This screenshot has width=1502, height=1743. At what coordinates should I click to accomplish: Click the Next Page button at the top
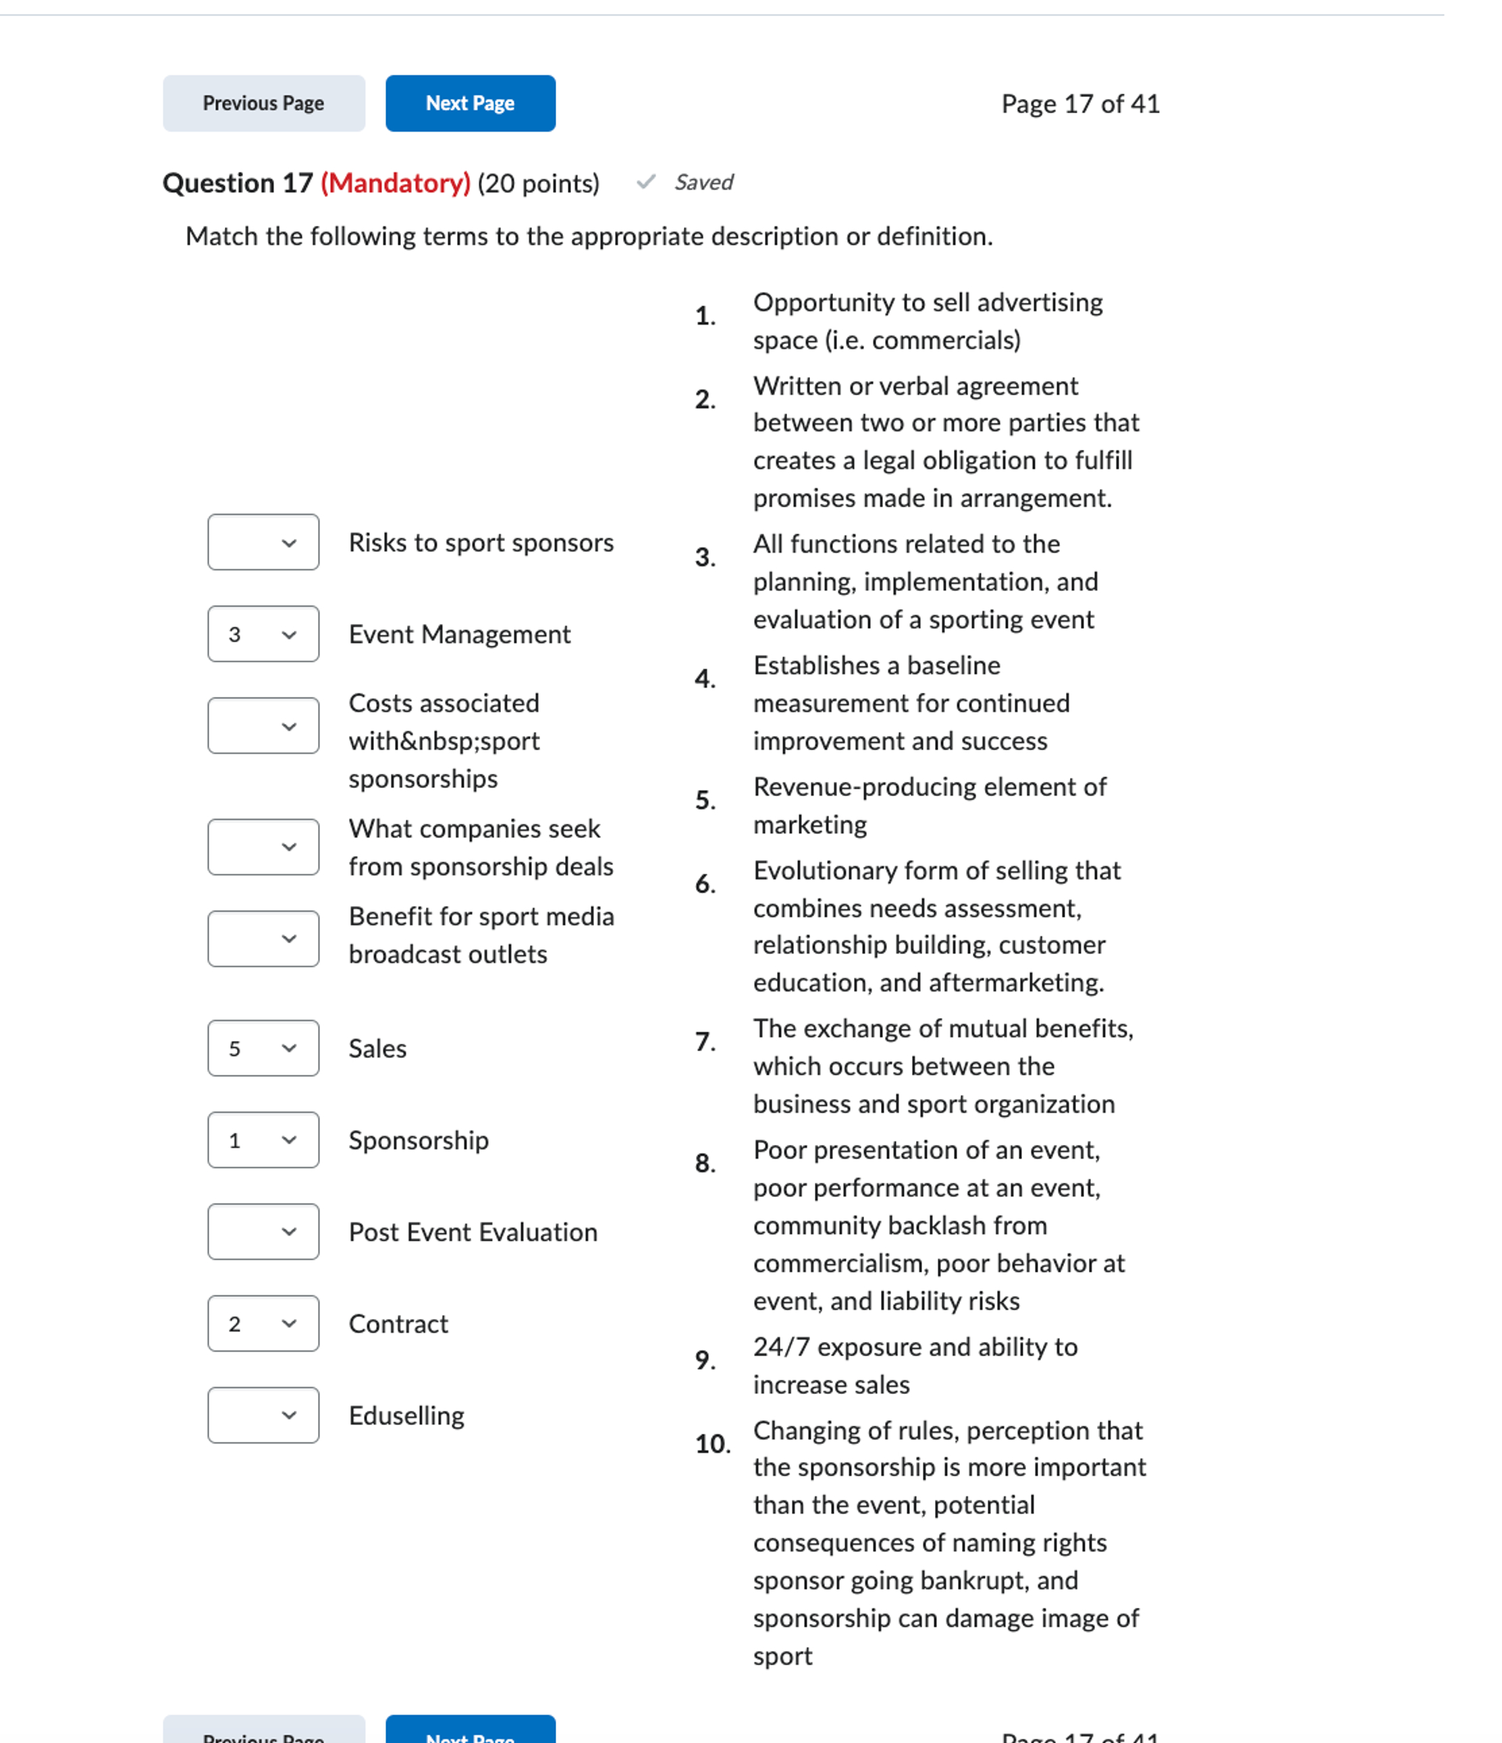click(x=470, y=103)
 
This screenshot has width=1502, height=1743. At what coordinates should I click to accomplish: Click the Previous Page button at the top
click(x=263, y=103)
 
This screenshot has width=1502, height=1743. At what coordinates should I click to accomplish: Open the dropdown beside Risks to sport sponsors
click(x=263, y=543)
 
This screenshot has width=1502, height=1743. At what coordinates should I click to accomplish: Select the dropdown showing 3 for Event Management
click(x=263, y=634)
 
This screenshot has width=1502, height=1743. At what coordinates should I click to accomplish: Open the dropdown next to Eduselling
click(x=263, y=1415)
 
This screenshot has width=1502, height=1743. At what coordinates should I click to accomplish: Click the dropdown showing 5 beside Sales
click(x=263, y=1048)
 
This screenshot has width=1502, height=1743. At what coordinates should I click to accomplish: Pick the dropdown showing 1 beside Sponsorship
click(x=263, y=1140)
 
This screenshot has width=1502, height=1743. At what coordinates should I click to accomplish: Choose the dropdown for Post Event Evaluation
click(x=263, y=1232)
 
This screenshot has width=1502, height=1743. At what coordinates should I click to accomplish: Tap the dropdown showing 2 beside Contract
click(x=263, y=1323)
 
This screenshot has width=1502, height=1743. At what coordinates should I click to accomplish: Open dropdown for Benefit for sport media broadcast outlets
click(x=263, y=939)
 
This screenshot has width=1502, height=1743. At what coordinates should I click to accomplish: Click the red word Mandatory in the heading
click(x=396, y=184)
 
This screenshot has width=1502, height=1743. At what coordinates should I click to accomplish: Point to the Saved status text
click(x=703, y=183)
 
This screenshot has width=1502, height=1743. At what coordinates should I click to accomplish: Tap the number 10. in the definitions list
click(x=712, y=1444)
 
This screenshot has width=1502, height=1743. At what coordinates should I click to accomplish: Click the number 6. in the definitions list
click(x=705, y=884)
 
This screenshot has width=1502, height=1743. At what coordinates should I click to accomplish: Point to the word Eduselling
click(x=406, y=1416)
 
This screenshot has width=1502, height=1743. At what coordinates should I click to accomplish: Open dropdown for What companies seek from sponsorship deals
click(x=263, y=847)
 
